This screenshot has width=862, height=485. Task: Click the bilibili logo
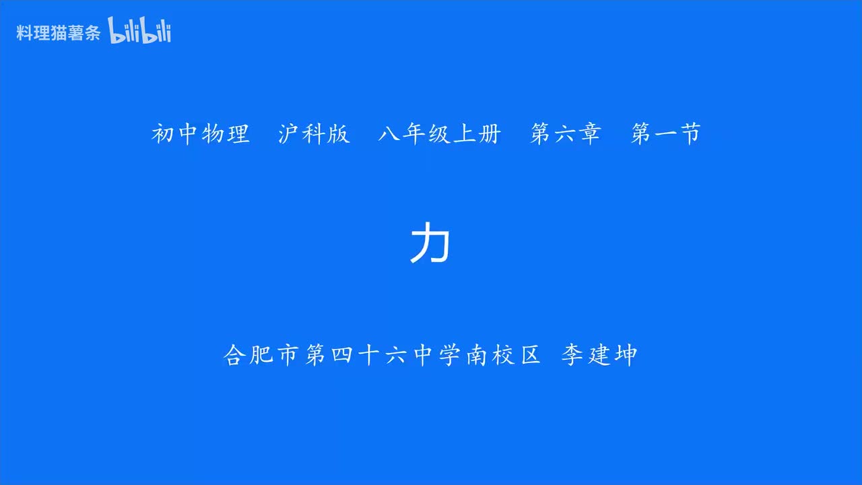(139, 32)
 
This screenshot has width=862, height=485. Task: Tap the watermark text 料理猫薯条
(58, 33)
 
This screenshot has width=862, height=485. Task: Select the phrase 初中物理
(201, 134)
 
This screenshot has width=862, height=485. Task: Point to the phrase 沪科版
(314, 134)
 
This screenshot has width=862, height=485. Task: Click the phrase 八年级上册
(439, 134)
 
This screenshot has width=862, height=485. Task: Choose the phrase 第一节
(666, 134)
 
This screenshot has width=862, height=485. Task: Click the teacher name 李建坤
(599, 355)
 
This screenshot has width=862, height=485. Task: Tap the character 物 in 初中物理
(213, 134)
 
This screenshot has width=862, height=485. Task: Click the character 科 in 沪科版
(314, 134)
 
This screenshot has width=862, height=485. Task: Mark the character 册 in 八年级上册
(489, 134)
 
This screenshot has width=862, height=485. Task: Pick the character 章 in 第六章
(589, 134)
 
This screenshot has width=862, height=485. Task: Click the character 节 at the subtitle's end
(690, 134)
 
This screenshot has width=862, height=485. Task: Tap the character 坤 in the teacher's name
(625, 355)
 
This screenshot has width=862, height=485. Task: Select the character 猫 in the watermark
(58, 33)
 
